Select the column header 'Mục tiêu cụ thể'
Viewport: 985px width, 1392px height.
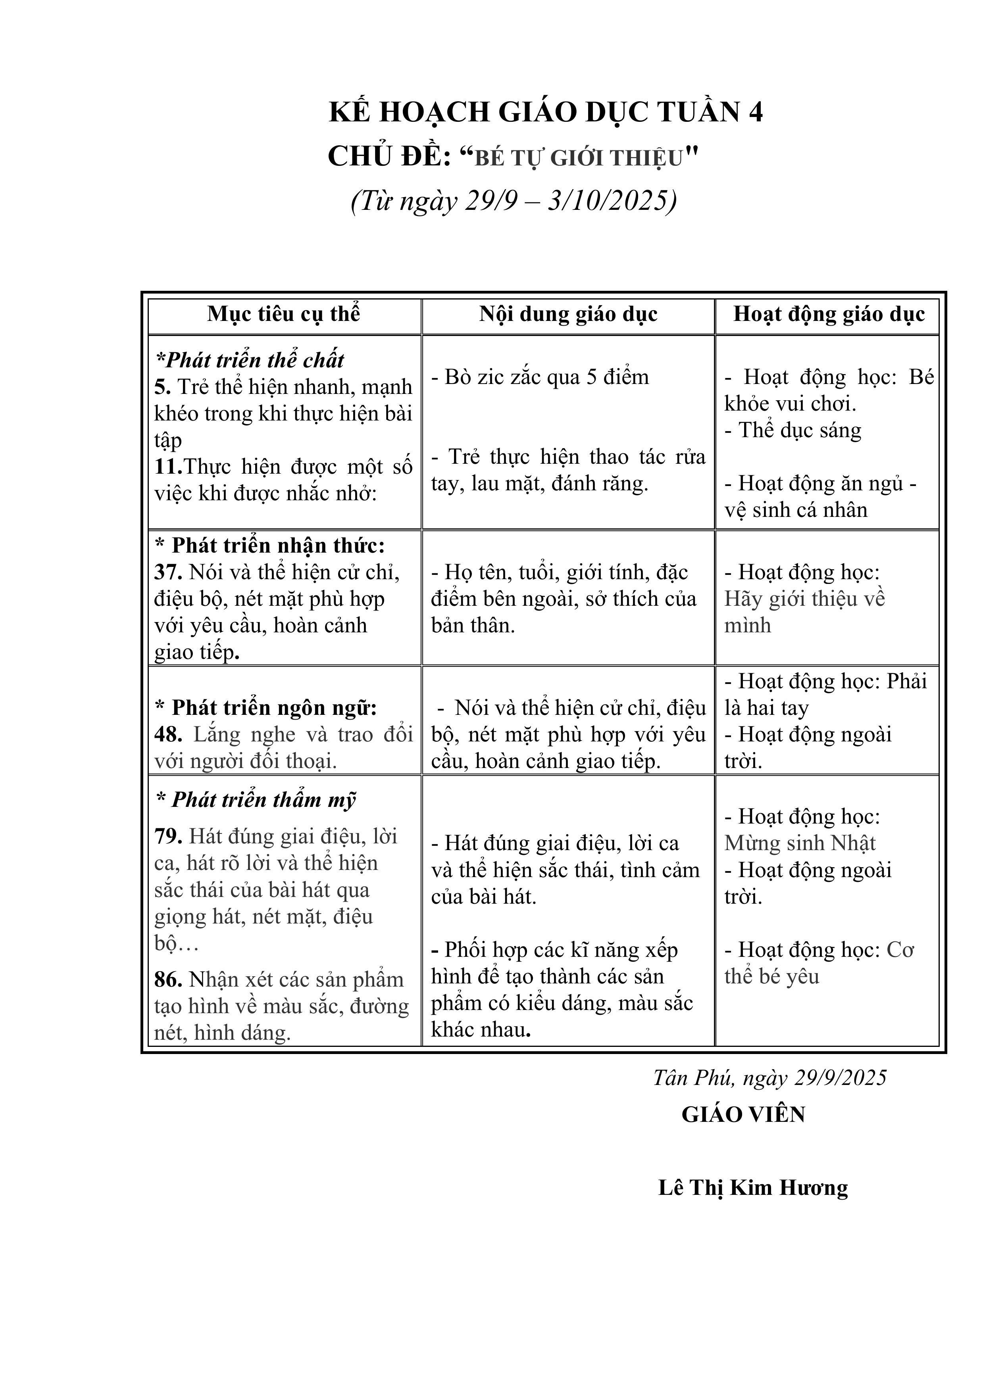[x=283, y=314]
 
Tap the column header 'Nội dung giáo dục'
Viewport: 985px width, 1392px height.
[x=568, y=314]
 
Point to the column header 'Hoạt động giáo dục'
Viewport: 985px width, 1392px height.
[x=829, y=314]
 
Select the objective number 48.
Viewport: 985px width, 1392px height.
[x=168, y=735]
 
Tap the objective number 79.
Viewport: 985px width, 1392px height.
[x=168, y=837]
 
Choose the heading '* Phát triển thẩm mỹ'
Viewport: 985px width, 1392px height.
[x=255, y=800]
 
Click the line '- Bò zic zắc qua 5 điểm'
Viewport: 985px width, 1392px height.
[x=540, y=377]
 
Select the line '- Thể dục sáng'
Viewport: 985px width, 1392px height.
[x=793, y=430]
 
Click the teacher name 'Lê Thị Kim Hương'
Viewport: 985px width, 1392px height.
[x=753, y=1188]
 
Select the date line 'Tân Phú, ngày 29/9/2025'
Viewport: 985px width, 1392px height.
[x=770, y=1077]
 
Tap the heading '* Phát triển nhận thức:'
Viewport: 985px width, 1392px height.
[x=270, y=545]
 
